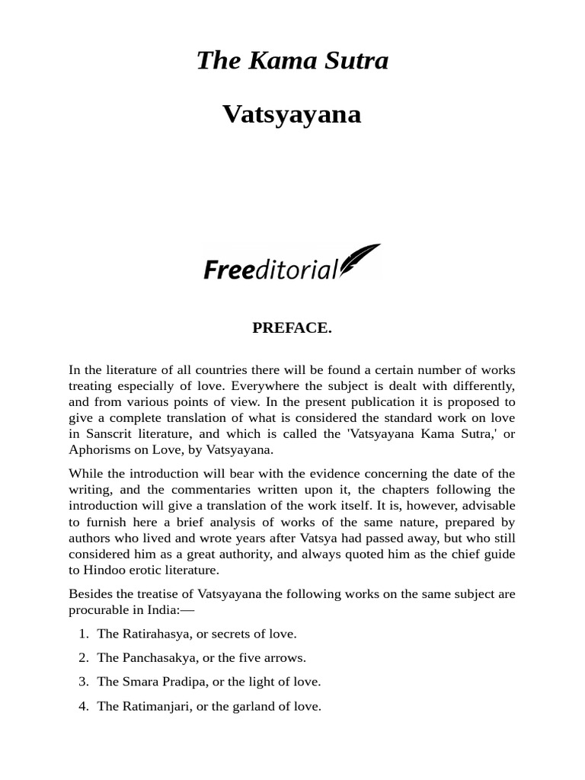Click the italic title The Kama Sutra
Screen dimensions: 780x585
[x=292, y=61]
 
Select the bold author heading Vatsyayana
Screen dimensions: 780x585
[x=292, y=114]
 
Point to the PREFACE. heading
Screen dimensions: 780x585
[x=292, y=328]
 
